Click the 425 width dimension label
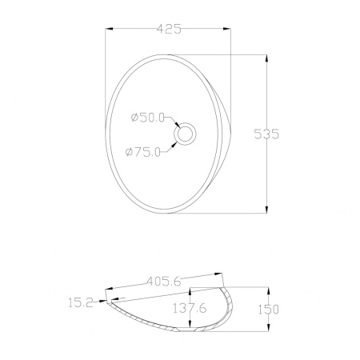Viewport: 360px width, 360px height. click(x=169, y=29)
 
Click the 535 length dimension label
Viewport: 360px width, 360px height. click(x=266, y=134)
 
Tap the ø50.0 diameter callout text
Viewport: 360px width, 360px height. click(x=147, y=118)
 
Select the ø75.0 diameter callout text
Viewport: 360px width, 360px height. click(x=143, y=152)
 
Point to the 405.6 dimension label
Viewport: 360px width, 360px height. click(x=164, y=282)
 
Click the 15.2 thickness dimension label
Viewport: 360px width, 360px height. click(x=81, y=302)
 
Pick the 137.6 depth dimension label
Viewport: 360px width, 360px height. click(x=190, y=308)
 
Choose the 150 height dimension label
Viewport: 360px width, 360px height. click(x=269, y=310)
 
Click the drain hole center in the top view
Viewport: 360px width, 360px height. click(x=185, y=134)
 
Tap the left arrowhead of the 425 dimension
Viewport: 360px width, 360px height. click(x=110, y=29)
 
